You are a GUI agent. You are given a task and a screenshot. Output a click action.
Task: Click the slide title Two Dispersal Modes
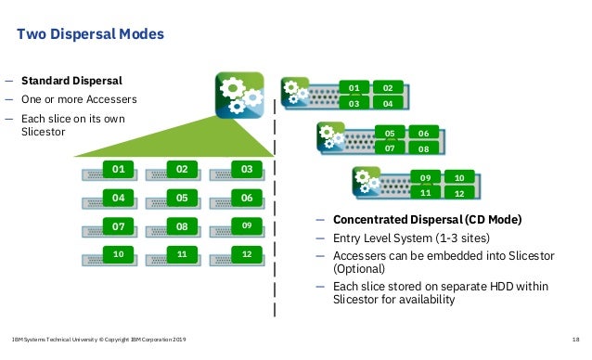[91, 35]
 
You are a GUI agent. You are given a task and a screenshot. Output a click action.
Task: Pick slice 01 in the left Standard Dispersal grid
[118, 171]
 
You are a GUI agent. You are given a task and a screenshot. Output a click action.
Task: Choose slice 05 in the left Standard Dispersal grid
[183, 198]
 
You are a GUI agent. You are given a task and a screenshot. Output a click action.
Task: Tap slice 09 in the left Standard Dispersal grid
[246, 225]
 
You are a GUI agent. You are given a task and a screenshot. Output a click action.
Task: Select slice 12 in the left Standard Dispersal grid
[246, 252]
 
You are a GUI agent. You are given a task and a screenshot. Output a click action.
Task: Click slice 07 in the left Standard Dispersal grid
[118, 225]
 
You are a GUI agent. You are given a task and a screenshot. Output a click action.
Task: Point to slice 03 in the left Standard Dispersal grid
[246, 171]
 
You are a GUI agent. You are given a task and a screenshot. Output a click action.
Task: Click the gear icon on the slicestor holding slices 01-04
[294, 92]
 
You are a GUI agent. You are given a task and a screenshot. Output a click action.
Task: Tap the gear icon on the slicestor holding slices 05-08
[329, 135]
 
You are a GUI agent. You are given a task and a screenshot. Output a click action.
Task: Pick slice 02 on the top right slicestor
[388, 88]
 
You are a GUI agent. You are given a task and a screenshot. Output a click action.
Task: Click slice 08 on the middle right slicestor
[423, 148]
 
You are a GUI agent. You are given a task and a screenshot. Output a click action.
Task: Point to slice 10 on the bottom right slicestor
[458, 176]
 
